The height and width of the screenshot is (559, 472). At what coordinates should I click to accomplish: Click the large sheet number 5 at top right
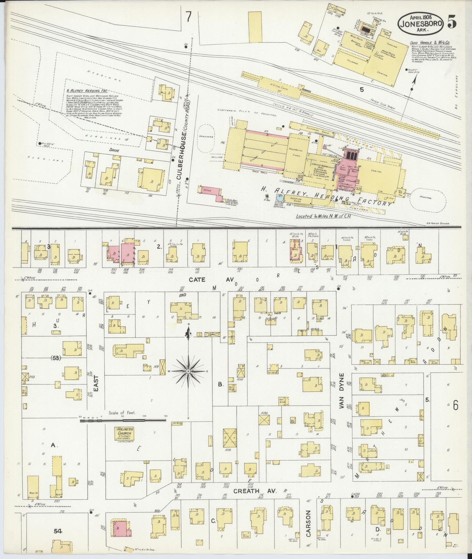[452, 23]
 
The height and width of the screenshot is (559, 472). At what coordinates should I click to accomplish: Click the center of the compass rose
[188, 371]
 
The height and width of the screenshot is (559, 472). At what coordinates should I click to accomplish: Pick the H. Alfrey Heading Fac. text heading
[87, 91]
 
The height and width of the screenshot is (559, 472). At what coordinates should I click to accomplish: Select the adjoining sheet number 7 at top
[188, 17]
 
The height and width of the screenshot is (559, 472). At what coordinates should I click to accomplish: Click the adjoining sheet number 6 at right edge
[456, 406]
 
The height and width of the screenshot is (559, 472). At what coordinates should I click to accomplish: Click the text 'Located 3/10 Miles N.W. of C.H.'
[323, 217]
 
